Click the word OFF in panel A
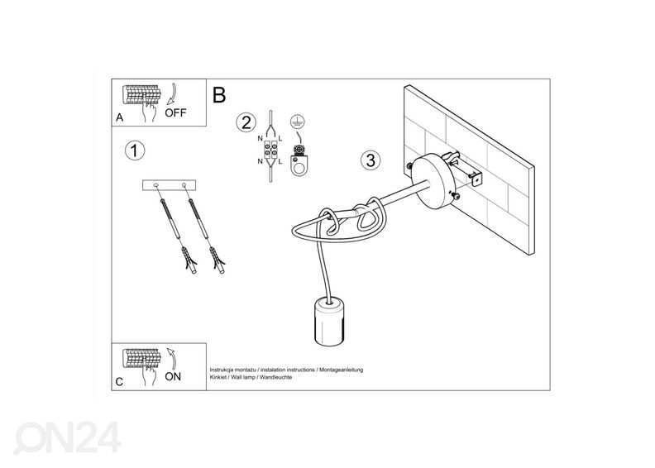coord(175,112)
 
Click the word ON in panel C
coord(173,376)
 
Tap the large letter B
coord(219,95)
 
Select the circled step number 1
coord(135,150)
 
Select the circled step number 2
coord(246,122)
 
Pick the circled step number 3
coord(371,160)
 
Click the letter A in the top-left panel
coord(120,117)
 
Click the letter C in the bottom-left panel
coord(119,382)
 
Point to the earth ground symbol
coord(298,122)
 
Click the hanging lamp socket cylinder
coord(330,321)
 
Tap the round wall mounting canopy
coord(436,180)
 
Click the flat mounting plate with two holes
coord(170,185)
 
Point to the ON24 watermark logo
coord(67,437)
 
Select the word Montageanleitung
coord(342,370)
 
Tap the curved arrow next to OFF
coord(172,94)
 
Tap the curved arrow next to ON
coord(172,359)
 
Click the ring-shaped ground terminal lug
coord(299,165)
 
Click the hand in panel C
coord(148,374)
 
